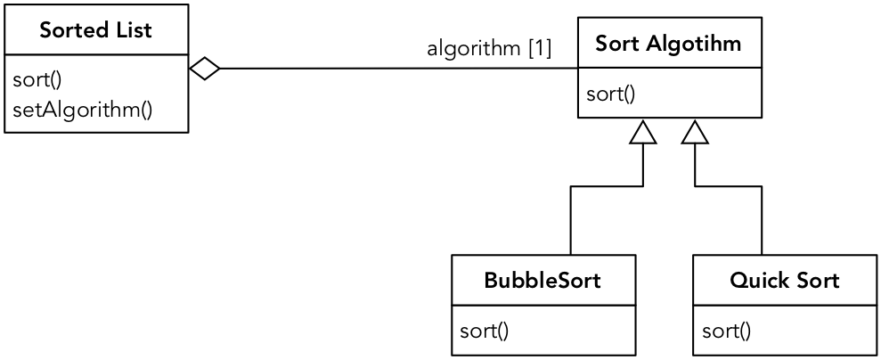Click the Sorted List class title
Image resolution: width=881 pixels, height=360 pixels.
point(96,30)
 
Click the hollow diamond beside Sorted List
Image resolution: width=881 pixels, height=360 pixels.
point(205,69)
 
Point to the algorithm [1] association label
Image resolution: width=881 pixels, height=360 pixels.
point(489,48)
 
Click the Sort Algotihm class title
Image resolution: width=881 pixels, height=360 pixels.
point(668,43)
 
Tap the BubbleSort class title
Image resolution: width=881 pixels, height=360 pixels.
point(542,281)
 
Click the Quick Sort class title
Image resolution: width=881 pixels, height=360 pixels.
point(784,281)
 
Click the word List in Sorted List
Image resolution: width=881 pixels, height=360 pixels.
point(135,30)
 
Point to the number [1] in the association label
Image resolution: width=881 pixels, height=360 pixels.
point(540,48)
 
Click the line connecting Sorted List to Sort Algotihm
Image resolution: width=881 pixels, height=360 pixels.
point(392,69)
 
